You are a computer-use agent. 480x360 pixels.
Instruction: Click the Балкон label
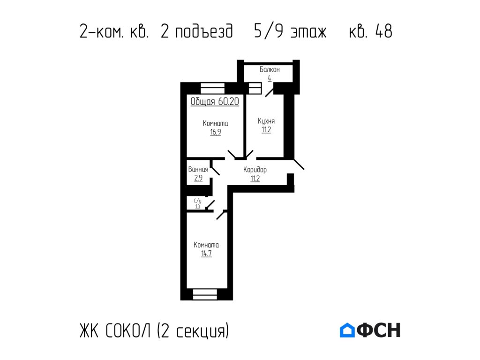(270, 69)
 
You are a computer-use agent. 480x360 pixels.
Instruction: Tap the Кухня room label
(266, 121)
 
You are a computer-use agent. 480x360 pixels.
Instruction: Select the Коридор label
(255, 170)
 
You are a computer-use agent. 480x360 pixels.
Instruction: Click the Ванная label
(198, 170)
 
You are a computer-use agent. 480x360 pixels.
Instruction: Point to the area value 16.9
(216, 132)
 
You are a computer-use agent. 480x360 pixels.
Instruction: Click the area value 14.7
(207, 254)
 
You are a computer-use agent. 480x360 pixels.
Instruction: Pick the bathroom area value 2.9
(198, 178)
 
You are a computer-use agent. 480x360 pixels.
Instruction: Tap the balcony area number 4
(270, 78)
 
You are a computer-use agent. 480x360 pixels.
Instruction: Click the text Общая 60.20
(215, 102)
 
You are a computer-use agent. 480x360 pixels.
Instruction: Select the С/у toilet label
(197, 201)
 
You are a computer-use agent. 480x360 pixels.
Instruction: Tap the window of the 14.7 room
(205, 294)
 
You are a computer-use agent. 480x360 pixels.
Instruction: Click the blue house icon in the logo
(347, 330)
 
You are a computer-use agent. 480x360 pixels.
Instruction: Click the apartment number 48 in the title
(383, 31)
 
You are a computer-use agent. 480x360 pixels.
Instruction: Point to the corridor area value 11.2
(255, 178)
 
